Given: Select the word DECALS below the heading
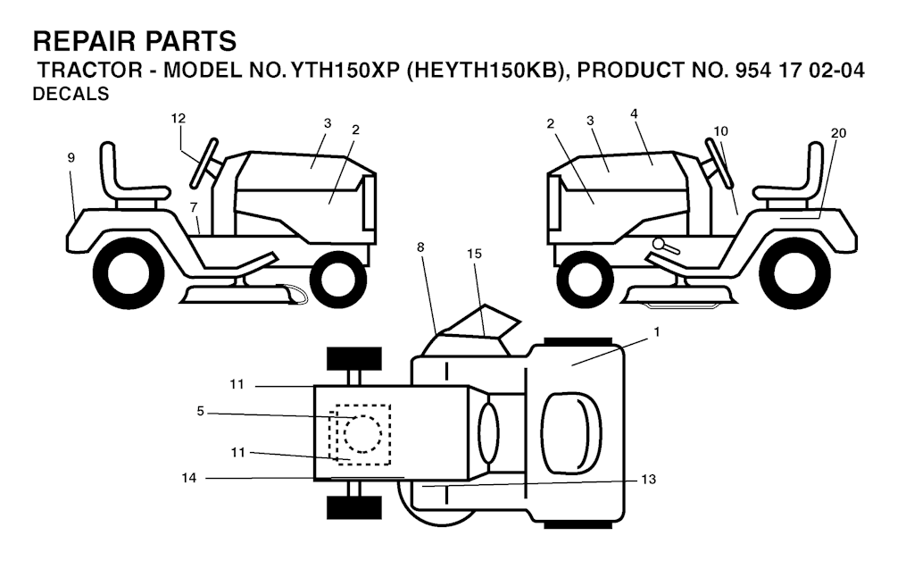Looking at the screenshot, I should click(71, 95).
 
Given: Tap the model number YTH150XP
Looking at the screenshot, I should click(343, 71).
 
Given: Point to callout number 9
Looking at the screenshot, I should click(71, 157).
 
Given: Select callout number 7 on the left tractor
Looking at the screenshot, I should click(194, 208).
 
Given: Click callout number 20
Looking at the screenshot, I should click(838, 133).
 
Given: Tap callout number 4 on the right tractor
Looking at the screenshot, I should click(633, 113).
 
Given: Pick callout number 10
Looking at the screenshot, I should click(720, 130).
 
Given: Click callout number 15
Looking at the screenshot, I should click(474, 254).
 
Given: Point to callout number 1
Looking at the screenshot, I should click(657, 331).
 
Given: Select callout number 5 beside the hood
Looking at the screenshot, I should click(201, 412).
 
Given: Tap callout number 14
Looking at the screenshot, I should click(188, 479).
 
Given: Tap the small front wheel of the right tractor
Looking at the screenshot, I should click(586, 277).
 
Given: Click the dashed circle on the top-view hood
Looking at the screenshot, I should click(362, 434).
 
